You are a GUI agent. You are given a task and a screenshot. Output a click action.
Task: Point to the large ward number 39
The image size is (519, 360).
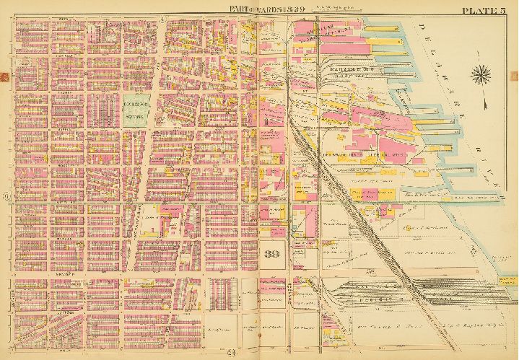(272, 254)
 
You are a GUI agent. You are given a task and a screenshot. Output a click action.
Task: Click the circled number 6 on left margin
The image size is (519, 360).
(6, 196)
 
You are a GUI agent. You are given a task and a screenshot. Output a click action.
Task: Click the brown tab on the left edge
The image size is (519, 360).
(4, 76)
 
